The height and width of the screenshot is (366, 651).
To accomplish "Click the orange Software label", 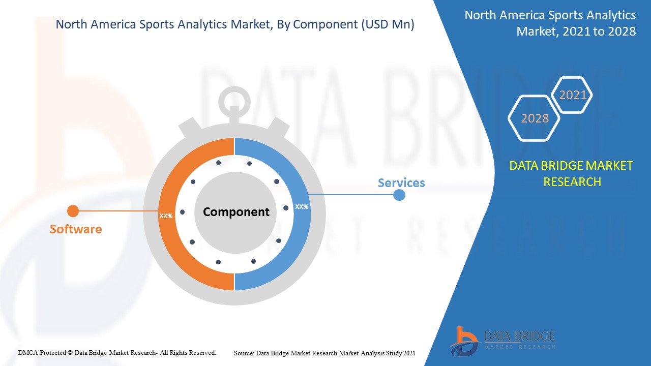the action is (76, 229).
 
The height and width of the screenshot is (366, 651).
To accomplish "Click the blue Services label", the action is (401, 182).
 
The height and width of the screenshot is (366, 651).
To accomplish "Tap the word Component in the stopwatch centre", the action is (236, 212).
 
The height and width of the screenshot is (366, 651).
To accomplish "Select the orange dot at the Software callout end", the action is (73, 211).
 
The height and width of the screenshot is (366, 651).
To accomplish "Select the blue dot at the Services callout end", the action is (399, 195).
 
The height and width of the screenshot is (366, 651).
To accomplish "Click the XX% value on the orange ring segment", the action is (166, 216).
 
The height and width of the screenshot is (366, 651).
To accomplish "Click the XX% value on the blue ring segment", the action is (302, 207).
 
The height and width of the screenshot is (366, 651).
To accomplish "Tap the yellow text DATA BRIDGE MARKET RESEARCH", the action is (571, 174).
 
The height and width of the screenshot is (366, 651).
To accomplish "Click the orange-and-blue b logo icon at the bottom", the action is (464, 342).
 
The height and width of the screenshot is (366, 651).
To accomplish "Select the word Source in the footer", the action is (244, 353).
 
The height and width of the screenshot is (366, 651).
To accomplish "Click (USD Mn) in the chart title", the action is (388, 24).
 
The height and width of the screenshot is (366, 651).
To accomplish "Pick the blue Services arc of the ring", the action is (302, 214).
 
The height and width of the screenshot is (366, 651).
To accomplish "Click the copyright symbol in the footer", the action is (70, 353).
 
